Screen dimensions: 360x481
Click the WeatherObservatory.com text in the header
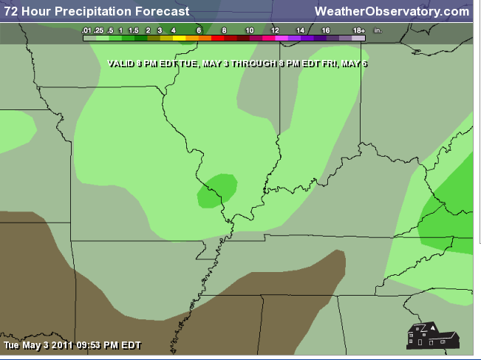click(392, 11)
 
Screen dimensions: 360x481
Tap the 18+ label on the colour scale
click(359, 30)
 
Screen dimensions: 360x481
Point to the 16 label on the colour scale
click(325, 30)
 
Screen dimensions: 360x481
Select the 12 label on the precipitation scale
click(275, 30)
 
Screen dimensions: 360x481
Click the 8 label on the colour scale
click(224, 30)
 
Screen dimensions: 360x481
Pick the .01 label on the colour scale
click(87, 30)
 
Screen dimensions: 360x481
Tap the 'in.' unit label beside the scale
click(378, 30)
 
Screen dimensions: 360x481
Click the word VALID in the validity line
click(120, 64)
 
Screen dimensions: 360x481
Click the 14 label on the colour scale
click(300, 30)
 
